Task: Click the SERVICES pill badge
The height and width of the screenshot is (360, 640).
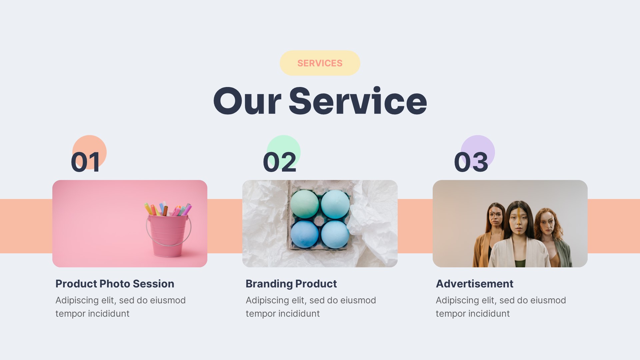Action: pyautogui.click(x=320, y=63)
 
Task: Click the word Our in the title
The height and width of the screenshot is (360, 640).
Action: pyautogui.click(x=247, y=101)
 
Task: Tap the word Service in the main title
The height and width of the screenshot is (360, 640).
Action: pyautogui.click(x=357, y=101)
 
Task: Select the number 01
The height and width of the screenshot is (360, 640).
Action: pyautogui.click(x=85, y=162)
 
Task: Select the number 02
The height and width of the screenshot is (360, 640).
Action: pyautogui.click(x=279, y=162)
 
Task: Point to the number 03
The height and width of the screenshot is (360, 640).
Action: pyautogui.click(x=471, y=162)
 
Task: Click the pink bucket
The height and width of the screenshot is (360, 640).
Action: pyautogui.click(x=168, y=235)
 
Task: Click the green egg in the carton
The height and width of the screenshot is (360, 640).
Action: pyautogui.click(x=304, y=204)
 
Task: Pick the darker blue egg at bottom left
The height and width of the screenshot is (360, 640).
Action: pyautogui.click(x=304, y=234)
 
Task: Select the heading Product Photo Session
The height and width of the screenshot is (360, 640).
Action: pyautogui.click(x=115, y=284)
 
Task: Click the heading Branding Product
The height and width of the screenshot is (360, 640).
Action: pyautogui.click(x=291, y=284)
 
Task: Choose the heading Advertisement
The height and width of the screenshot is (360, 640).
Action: pyautogui.click(x=474, y=284)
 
